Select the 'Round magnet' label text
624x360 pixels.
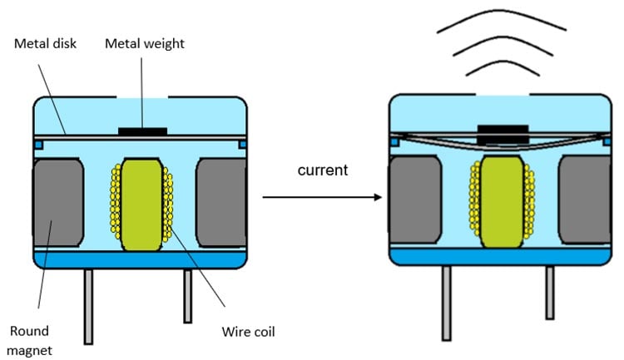click(31, 339)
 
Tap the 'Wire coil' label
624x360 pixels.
click(245, 333)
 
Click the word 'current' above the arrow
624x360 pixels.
click(322, 170)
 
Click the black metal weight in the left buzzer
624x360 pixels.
click(141, 131)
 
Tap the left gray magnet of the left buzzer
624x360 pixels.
click(57, 199)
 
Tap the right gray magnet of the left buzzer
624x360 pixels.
click(220, 199)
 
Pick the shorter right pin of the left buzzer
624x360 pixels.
click(188, 295)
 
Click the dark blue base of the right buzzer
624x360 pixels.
click(499, 255)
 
